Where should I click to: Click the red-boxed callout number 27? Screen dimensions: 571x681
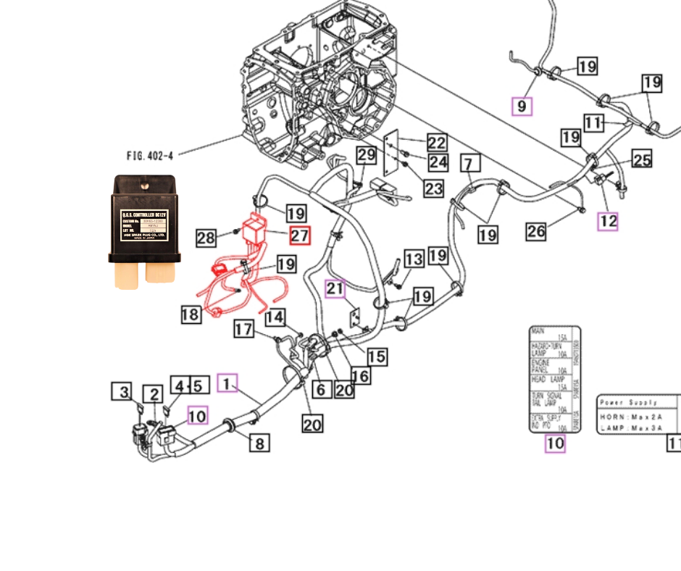pos(299,236)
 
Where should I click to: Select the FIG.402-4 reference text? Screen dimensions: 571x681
pos(150,155)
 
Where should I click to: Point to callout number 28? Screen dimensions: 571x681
pos(206,238)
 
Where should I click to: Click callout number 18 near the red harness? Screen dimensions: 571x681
pos(191,314)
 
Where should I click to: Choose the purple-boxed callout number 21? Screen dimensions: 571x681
pos(335,288)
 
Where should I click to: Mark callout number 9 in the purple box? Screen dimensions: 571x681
pos(522,107)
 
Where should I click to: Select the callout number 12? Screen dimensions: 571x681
pos(608,221)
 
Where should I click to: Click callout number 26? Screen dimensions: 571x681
pos(536,232)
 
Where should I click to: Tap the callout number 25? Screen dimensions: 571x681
pos(642,159)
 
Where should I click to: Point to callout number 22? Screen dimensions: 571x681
pos(436,143)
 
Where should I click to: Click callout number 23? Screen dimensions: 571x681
pos(433,189)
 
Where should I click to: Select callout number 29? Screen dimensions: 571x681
pos(367,154)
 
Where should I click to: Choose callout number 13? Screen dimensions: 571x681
pos(414,259)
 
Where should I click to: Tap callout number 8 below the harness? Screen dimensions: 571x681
pos(259,442)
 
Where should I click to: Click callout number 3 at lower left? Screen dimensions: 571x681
pos(122,392)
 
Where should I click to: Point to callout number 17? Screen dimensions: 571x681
pos(243,330)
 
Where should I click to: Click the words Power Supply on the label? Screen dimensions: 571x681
pos(628,402)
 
